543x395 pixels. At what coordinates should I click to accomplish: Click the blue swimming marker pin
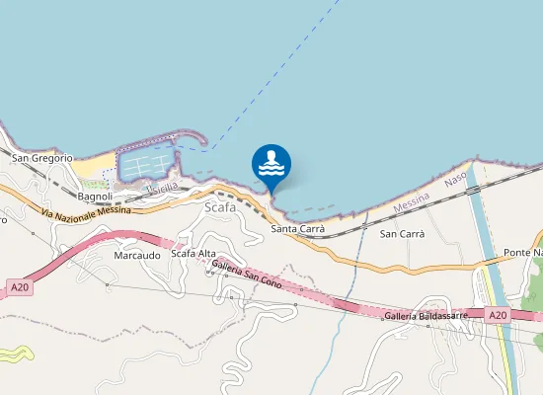click(x=271, y=165)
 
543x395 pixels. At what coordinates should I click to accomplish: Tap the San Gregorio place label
click(x=42, y=158)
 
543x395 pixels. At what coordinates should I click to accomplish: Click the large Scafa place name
click(x=219, y=207)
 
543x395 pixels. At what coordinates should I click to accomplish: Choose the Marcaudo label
click(x=137, y=255)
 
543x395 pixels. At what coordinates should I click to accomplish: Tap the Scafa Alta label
click(x=194, y=254)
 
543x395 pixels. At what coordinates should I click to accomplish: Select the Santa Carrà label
click(x=298, y=229)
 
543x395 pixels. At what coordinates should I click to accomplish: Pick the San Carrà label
click(x=402, y=234)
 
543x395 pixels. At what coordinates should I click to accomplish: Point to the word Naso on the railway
click(x=454, y=180)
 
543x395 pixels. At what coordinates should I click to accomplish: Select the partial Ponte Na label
click(x=522, y=253)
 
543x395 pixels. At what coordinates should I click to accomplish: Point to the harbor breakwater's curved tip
click(x=204, y=144)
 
